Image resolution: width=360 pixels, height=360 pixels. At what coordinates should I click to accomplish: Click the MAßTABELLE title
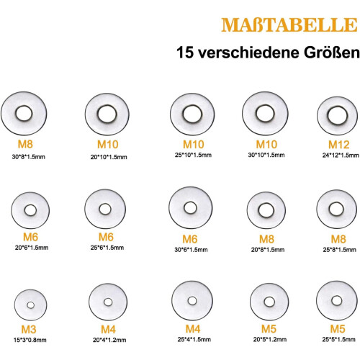tap(289, 24)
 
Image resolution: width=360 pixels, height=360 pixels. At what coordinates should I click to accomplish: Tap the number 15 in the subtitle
tap(185, 53)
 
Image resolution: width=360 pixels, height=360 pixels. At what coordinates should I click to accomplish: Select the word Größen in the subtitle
tap(332, 53)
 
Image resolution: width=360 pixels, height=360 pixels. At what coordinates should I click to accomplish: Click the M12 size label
tap(338, 145)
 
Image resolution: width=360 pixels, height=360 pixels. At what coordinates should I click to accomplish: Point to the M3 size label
tap(29, 329)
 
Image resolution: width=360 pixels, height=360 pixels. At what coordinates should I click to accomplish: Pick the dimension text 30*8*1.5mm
tap(29, 157)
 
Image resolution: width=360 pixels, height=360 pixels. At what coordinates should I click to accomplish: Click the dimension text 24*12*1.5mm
tap(341, 155)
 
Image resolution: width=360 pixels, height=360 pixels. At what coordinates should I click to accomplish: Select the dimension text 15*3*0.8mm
tap(30, 340)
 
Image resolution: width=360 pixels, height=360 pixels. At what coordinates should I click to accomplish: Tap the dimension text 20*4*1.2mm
tap(109, 340)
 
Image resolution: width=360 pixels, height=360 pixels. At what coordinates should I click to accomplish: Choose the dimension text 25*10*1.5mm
tap(193, 155)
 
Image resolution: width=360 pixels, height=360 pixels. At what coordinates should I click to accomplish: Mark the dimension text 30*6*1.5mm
tap(191, 250)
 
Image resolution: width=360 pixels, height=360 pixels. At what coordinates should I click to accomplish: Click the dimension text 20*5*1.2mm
tap(270, 339)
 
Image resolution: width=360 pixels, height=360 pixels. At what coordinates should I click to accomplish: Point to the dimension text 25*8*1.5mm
tap(339, 250)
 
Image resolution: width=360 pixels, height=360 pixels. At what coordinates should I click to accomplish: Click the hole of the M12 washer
tap(338, 115)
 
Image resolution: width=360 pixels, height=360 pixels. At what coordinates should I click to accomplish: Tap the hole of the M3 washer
tap(30, 305)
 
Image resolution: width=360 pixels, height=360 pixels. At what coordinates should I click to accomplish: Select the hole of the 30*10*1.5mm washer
tap(265, 113)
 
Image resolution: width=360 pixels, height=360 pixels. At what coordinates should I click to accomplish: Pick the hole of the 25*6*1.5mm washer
tap(105, 209)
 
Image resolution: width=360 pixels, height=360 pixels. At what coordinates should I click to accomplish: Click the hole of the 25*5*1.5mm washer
tap(336, 301)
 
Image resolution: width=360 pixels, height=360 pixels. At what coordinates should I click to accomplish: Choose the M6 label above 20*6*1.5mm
tap(30, 237)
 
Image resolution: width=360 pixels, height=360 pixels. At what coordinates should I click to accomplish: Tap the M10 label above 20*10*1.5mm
tap(108, 145)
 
